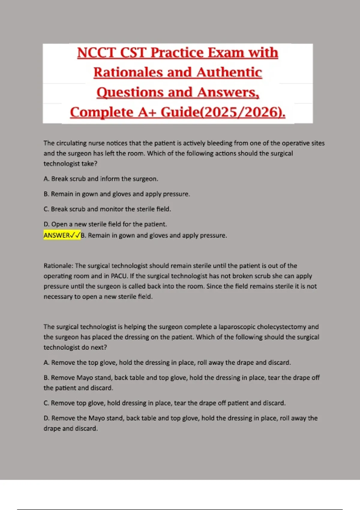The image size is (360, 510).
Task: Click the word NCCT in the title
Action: (96, 53)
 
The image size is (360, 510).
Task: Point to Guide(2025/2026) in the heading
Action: (223, 112)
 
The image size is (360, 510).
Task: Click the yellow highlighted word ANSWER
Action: (57, 235)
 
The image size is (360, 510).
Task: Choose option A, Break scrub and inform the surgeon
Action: (101, 179)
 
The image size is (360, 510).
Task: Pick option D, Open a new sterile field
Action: (105, 224)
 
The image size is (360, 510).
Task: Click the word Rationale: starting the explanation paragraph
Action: (58, 266)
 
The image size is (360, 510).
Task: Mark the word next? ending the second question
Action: (99, 347)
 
